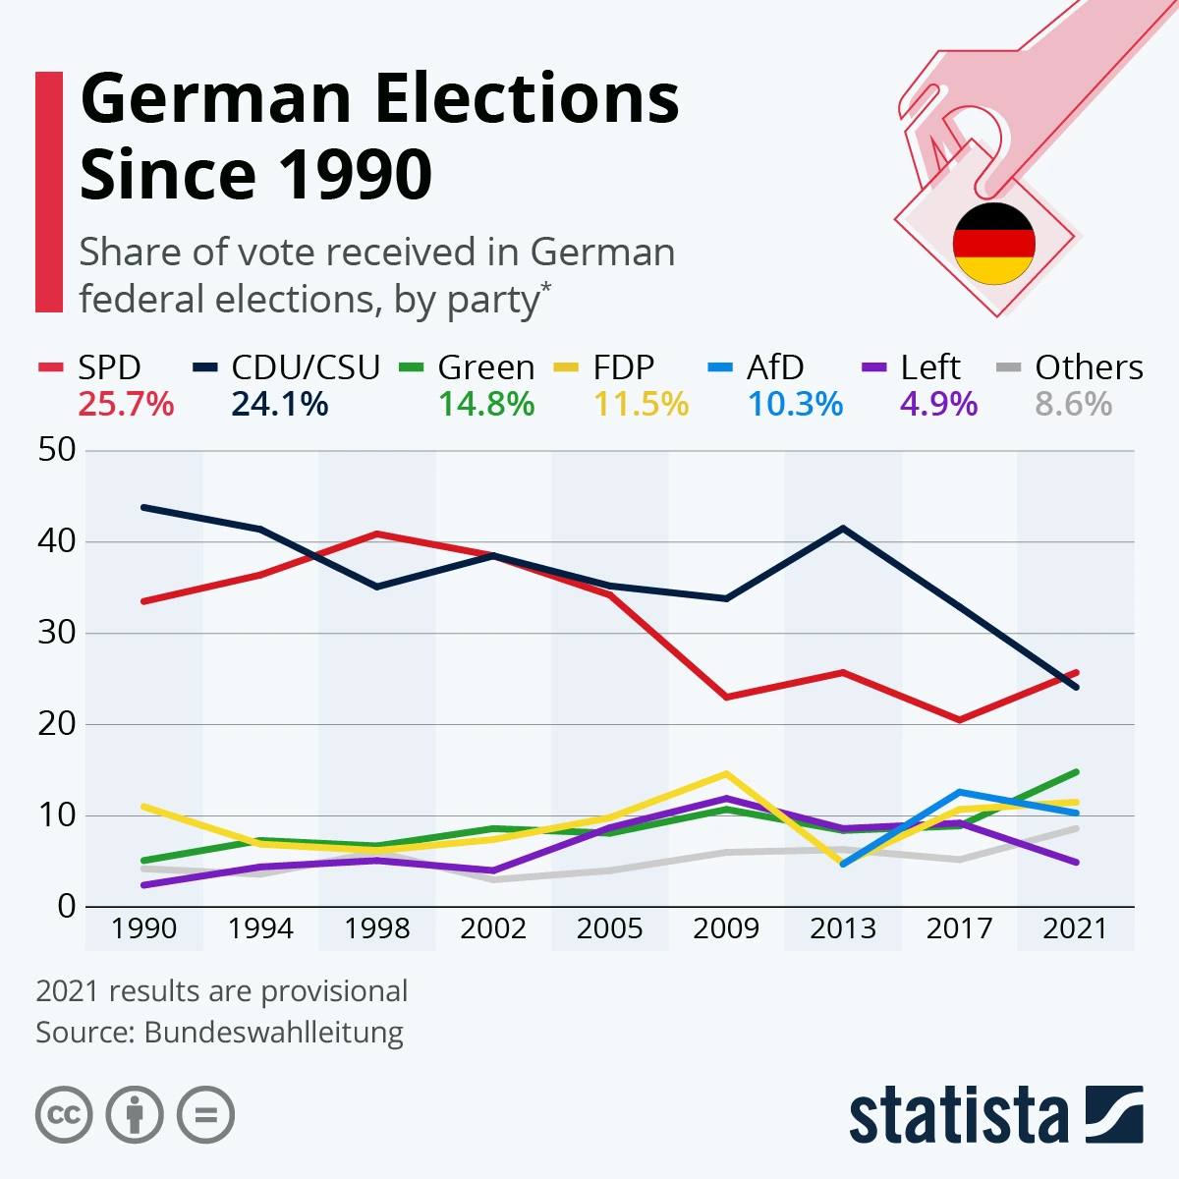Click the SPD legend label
(x=109, y=367)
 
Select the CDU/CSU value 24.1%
(x=280, y=404)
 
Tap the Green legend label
(x=485, y=367)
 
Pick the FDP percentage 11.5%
(x=641, y=404)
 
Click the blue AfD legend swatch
(x=720, y=368)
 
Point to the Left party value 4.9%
(x=938, y=404)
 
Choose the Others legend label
(x=1089, y=367)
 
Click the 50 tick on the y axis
(x=57, y=450)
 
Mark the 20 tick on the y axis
(x=57, y=724)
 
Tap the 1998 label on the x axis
(x=377, y=928)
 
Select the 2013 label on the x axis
(x=843, y=928)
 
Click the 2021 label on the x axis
(x=1075, y=928)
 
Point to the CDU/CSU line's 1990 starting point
(x=144, y=507)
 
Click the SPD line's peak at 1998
(x=377, y=533)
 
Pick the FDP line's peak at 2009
(x=726, y=773)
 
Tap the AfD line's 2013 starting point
(x=843, y=864)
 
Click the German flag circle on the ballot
(x=994, y=244)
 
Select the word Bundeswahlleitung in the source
(x=273, y=1033)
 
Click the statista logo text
(x=958, y=1115)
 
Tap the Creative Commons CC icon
(x=64, y=1115)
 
